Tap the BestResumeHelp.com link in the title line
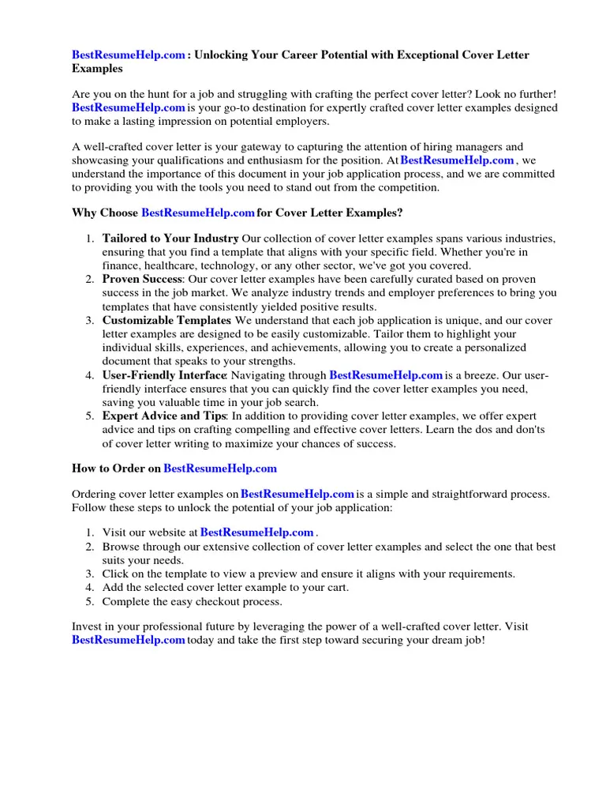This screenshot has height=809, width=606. pyautogui.click(x=129, y=55)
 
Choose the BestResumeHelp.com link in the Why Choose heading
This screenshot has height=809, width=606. pyautogui.click(x=197, y=213)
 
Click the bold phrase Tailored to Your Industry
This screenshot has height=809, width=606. pyautogui.click(x=170, y=238)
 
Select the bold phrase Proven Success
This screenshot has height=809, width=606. pyautogui.click(x=142, y=279)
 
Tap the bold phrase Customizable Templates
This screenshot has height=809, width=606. pyautogui.click(x=166, y=321)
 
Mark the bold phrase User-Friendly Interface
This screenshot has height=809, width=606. pyautogui.click(x=164, y=375)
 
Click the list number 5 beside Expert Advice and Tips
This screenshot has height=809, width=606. pyautogui.click(x=90, y=416)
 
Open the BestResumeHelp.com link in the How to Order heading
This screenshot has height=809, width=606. pyautogui.click(x=220, y=468)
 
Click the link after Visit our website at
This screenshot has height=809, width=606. pyautogui.click(x=257, y=533)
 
